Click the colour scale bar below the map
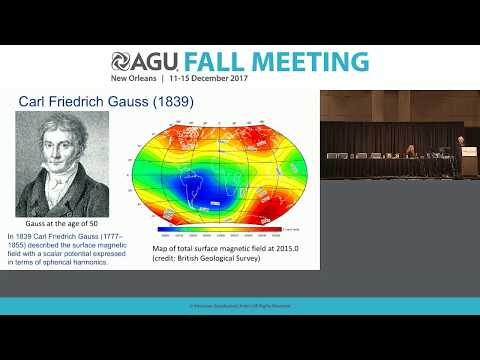pyautogui.click(x=226, y=236)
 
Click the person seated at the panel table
pyautogui.click(x=411, y=151)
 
